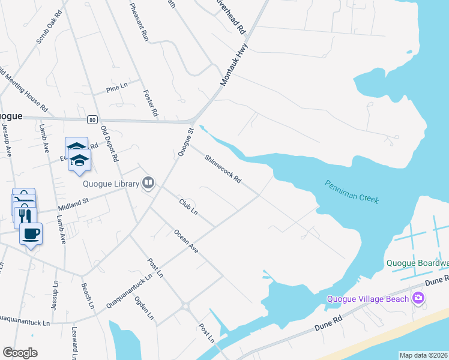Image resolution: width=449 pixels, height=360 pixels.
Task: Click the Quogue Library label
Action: pyautogui.click(x=111, y=183)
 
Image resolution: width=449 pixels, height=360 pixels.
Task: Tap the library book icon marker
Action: pyautogui.click(x=148, y=183)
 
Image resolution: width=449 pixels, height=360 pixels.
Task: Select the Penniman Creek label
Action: pyautogui.click(x=352, y=191)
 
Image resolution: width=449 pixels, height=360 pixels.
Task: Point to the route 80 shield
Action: pyautogui.click(x=92, y=119)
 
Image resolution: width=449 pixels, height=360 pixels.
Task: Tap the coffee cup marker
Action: pyautogui.click(x=31, y=233)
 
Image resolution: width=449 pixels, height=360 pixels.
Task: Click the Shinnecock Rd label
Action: pyautogui.click(x=222, y=169)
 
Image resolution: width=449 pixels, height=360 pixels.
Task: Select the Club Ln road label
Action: pyautogui.click(x=188, y=206)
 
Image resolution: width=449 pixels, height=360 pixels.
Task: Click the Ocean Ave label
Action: pyautogui.click(x=185, y=240)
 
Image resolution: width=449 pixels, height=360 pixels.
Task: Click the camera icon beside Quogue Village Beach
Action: pyautogui.click(x=418, y=298)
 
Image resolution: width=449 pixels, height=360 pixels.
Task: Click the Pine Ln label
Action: pyautogui.click(x=117, y=88)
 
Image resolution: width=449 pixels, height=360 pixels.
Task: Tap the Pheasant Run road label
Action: pyautogui.click(x=139, y=21)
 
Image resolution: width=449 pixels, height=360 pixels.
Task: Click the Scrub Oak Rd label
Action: pyautogui.click(x=49, y=27)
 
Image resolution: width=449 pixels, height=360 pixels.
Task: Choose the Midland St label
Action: pyautogui.click(x=73, y=204)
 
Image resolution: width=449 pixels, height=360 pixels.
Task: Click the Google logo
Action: pyautogui.click(x=20, y=353)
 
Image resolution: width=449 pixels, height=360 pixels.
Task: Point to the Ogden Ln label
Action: pyautogui.click(x=145, y=308)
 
